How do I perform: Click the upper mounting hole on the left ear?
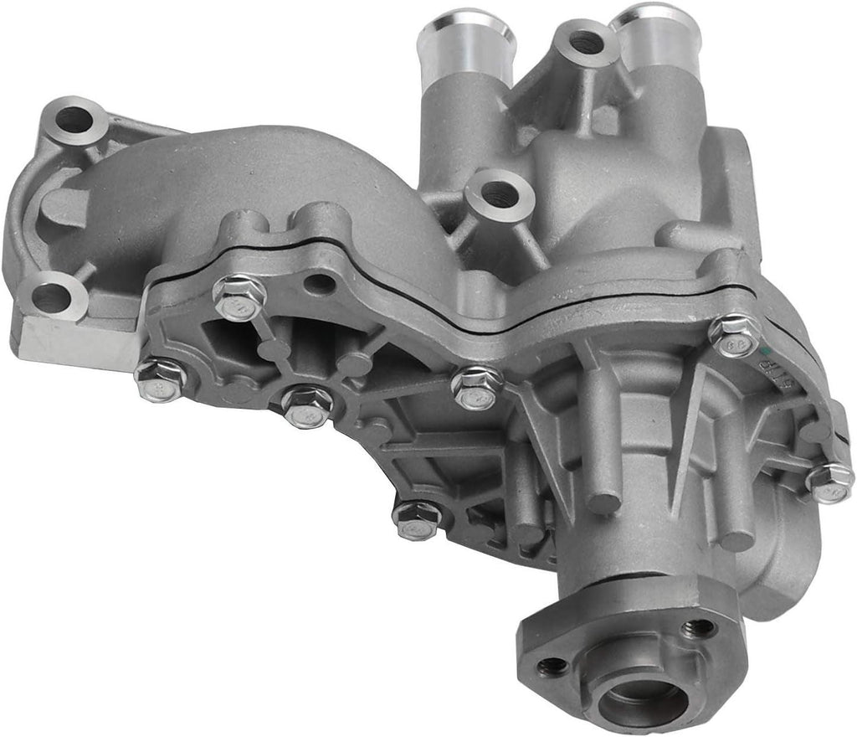[75, 121]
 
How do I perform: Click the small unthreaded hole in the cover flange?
[320, 284]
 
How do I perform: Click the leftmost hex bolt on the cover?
[159, 378]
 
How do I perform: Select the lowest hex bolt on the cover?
[417, 518]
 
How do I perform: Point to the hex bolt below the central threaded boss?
[477, 386]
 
